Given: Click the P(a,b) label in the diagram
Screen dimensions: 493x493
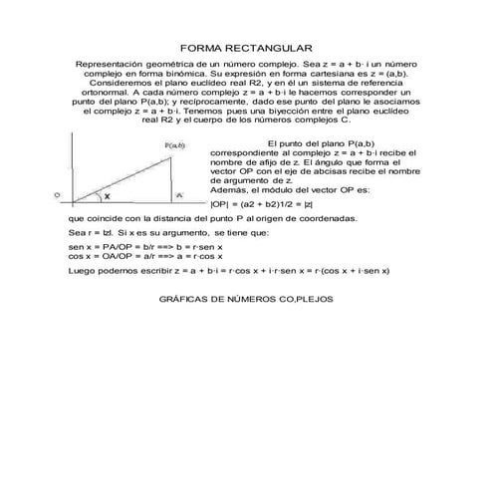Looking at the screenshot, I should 175,145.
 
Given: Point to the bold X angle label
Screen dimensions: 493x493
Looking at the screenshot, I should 107,197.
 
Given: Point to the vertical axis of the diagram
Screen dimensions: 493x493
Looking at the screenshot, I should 69,169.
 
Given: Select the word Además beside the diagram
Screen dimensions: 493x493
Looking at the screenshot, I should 228,188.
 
